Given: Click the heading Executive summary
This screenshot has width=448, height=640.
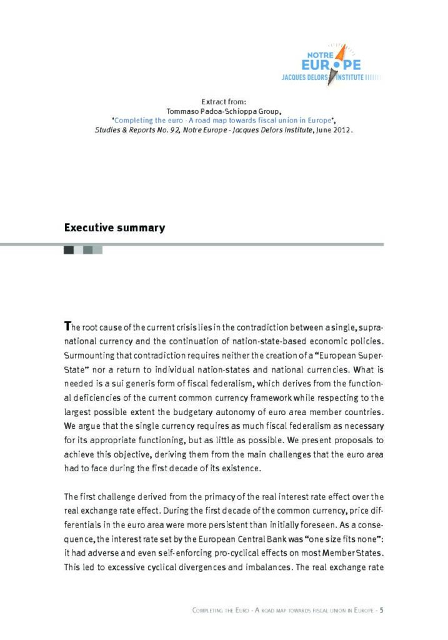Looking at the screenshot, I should point(114,227).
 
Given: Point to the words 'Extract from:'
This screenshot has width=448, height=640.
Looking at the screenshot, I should point(224,101).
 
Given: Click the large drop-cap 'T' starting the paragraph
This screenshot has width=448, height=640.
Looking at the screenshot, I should point(67,326).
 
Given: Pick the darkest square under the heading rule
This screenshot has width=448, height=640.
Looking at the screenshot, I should point(69,250).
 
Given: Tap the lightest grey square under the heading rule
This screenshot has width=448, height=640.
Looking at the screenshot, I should point(98,250).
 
